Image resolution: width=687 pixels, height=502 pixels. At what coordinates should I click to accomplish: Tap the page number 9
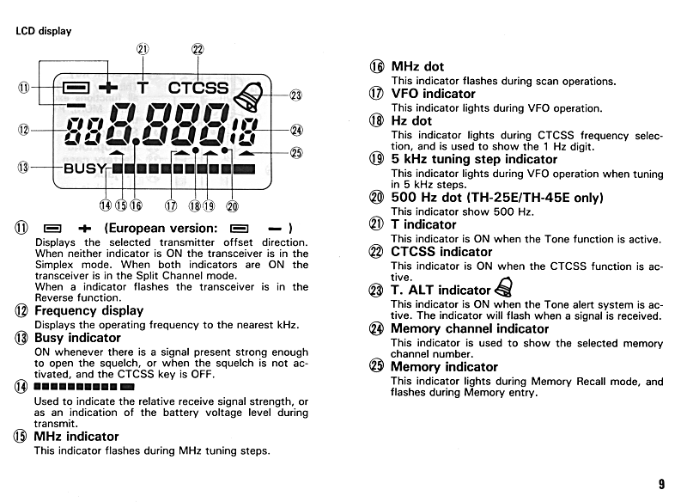(x=661, y=484)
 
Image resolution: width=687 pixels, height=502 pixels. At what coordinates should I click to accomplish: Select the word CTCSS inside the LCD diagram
(x=198, y=88)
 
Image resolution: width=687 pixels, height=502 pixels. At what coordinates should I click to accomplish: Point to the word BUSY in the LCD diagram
(x=84, y=168)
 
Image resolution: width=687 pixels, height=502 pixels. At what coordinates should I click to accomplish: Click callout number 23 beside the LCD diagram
(x=296, y=96)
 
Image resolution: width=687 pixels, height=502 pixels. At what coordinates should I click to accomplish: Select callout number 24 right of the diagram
(x=296, y=131)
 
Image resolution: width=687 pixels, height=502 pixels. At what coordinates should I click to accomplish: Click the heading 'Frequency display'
(x=88, y=310)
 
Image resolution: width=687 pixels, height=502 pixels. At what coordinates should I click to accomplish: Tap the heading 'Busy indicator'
(x=77, y=338)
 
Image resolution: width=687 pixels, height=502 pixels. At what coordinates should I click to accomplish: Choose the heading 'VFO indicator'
(x=433, y=94)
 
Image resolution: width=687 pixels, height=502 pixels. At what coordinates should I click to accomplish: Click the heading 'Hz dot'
(x=411, y=121)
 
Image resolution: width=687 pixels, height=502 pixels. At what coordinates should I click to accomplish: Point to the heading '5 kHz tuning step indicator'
(x=474, y=159)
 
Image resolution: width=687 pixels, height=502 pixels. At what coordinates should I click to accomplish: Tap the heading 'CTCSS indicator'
(x=443, y=252)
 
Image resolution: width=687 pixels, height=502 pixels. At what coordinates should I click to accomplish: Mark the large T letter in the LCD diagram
(x=143, y=88)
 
